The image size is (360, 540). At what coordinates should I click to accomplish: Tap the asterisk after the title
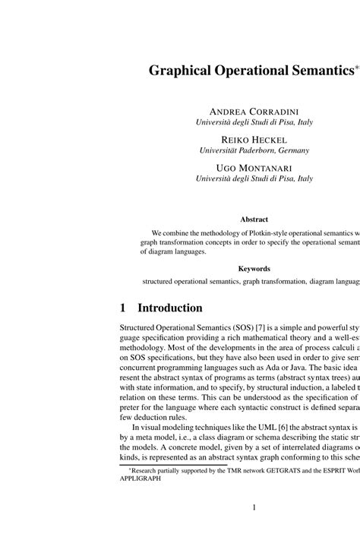pyautogui.click(x=355, y=67)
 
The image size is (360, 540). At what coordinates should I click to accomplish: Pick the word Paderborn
pyautogui.click(x=251, y=150)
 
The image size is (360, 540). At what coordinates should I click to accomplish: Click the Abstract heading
pyautogui.click(x=254, y=220)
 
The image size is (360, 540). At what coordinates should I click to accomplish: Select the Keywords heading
pyautogui.click(x=254, y=268)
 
